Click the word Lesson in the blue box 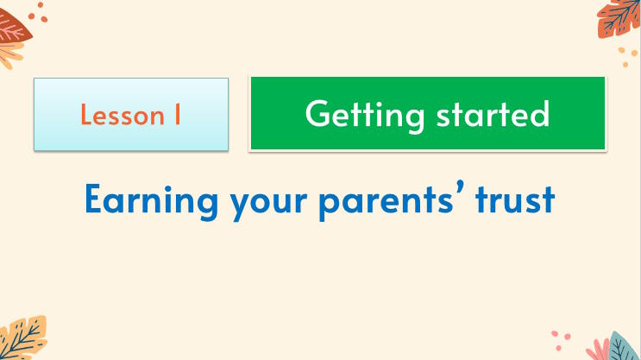pyautogui.click(x=118, y=115)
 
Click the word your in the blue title pyautogui.click(x=245, y=202)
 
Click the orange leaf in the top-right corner pyautogui.click(x=619, y=17)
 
